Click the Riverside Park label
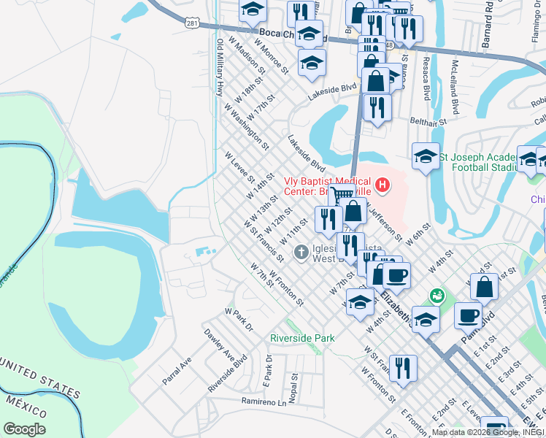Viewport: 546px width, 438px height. (x=302, y=338)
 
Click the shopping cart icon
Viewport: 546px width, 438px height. (x=341, y=197)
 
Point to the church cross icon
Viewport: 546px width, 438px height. (x=300, y=253)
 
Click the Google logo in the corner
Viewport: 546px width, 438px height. (x=23, y=429)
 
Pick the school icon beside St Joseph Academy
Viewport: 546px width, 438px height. (x=426, y=155)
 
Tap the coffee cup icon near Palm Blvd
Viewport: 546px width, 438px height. (x=468, y=315)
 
